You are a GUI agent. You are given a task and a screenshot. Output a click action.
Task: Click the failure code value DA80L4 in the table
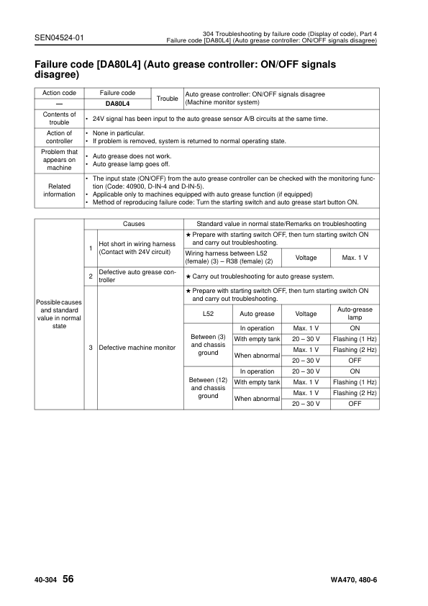(118, 104)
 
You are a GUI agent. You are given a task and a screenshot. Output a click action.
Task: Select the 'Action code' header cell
(59, 94)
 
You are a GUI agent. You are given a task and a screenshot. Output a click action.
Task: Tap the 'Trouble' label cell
(167, 99)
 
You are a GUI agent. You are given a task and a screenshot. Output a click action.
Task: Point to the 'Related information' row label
(59, 190)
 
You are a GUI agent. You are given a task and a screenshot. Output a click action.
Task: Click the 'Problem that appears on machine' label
(59, 160)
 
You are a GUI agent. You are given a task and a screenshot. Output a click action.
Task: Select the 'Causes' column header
(134, 225)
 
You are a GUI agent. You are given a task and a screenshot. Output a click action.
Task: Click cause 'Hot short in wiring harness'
(137, 249)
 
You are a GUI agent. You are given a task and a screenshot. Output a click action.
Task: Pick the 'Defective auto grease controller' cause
(137, 276)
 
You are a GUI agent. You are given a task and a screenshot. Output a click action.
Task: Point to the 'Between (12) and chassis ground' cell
(208, 388)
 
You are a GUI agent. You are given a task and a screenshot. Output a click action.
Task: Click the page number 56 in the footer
(68, 579)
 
